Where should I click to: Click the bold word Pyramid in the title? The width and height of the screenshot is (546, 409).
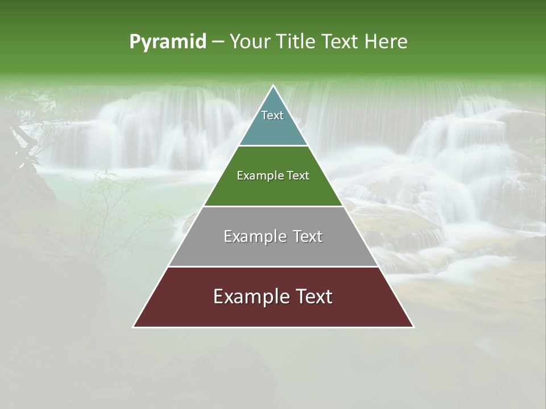point(168,42)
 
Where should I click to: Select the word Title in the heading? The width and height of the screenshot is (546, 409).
point(296,42)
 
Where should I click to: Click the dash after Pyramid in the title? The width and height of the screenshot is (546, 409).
point(217,42)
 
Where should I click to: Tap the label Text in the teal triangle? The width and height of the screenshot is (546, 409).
point(272,115)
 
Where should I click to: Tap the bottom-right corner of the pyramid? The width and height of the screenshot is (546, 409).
point(413,327)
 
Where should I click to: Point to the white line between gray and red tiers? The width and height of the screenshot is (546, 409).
point(273,266)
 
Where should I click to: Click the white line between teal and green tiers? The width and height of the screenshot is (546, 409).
point(273,145)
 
